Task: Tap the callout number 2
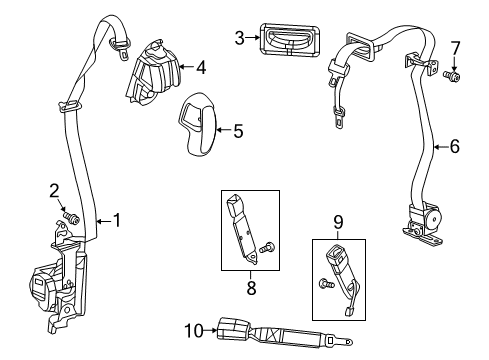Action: click(x=56, y=189)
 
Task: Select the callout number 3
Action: click(x=239, y=38)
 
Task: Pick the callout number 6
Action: click(x=454, y=146)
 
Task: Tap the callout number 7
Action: click(x=455, y=48)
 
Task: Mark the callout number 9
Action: click(x=338, y=222)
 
